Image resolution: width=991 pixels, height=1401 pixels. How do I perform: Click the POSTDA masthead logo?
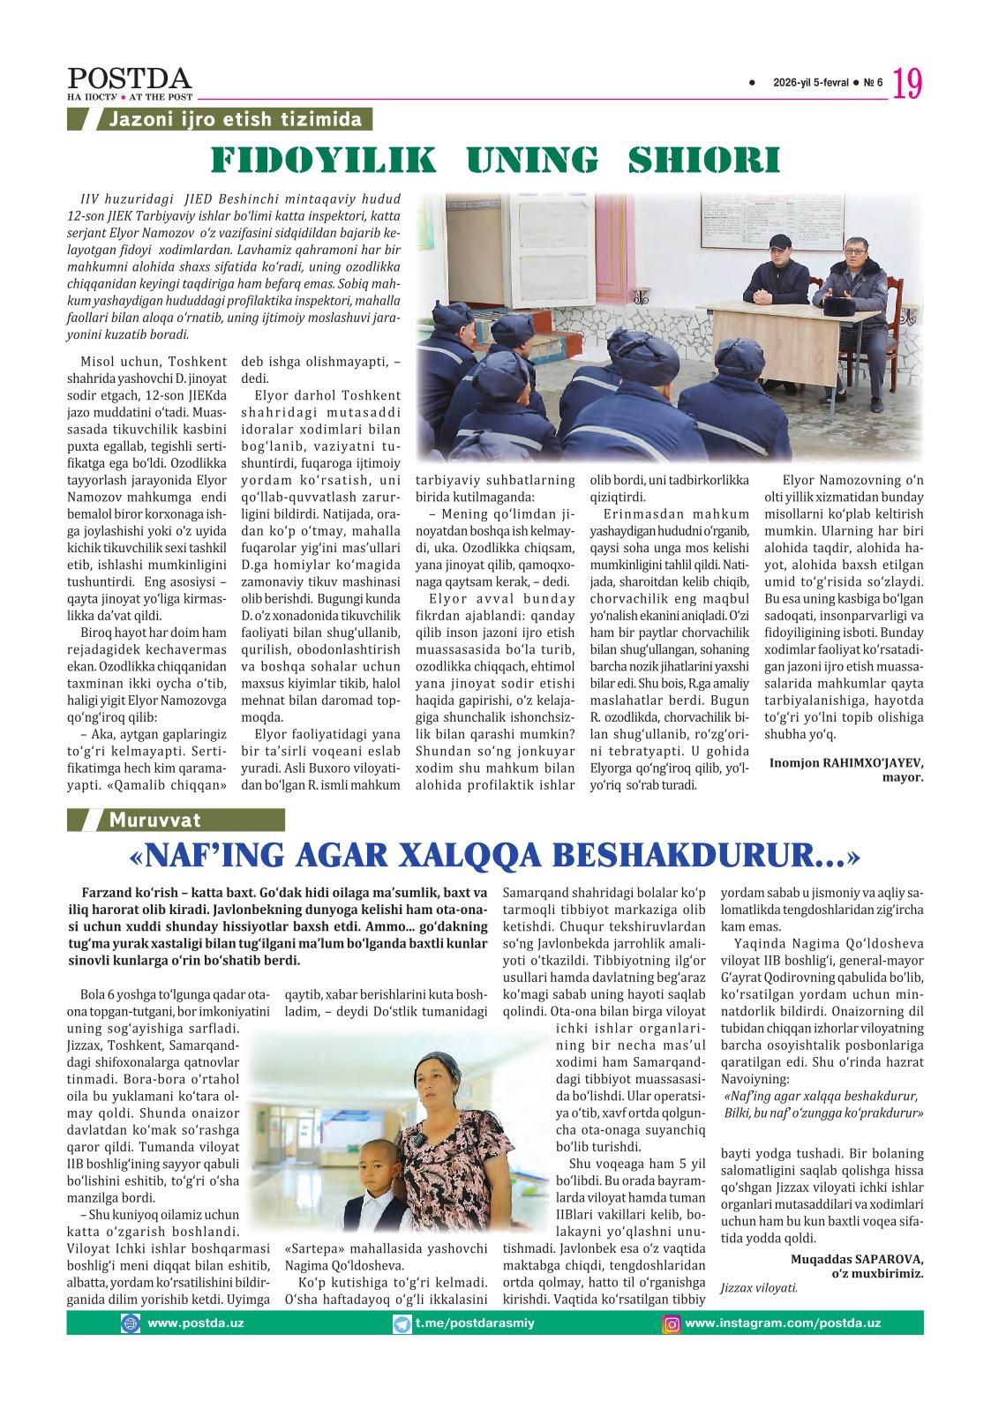(129, 79)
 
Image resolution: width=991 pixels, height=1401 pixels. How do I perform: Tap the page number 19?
(908, 85)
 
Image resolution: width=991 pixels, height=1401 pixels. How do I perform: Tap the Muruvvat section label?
(154, 820)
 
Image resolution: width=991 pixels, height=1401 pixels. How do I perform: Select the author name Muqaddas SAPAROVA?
(857, 1258)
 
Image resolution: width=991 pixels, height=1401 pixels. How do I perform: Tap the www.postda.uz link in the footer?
(195, 1323)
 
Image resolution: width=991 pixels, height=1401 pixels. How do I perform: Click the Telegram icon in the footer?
(402, 1323)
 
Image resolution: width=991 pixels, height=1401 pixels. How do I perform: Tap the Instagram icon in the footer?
(672, 1323)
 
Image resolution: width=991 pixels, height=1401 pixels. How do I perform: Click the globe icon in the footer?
(131, 1323)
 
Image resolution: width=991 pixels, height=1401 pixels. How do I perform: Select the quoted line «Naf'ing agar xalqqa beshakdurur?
(820, 1097)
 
